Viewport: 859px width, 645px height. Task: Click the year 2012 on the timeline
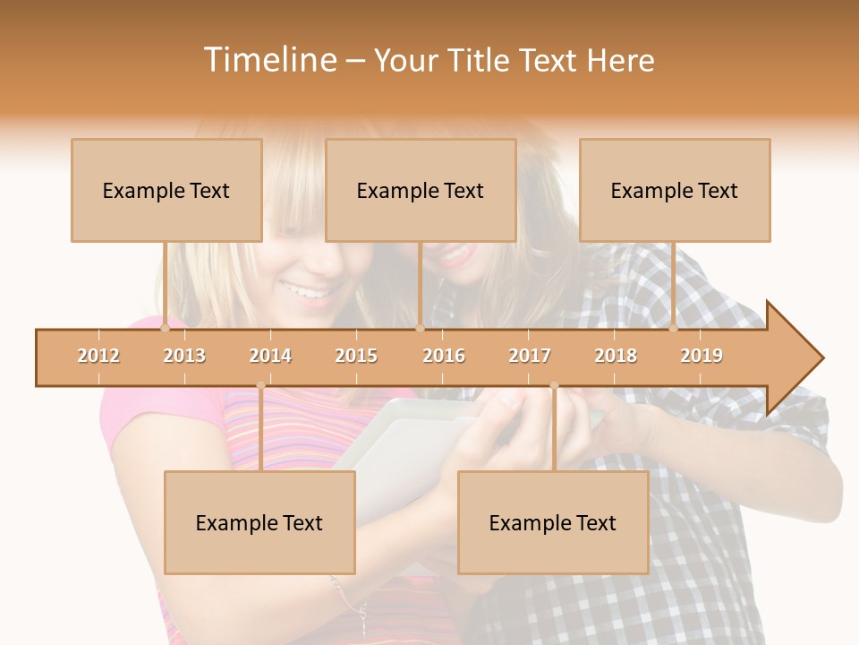tap(98, 356)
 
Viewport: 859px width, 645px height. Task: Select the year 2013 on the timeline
tap(184, 356)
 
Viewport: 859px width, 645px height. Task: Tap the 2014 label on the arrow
tap(270, 356)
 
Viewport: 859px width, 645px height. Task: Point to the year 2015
tap(356, 356)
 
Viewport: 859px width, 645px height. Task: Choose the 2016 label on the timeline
tap(444, 356)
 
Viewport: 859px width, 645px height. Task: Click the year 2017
tap(530, 356)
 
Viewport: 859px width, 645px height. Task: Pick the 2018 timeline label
tap(616, 356)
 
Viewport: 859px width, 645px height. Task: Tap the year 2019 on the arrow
tap(702, 356)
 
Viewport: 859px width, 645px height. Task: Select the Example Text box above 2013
tap(166, 190)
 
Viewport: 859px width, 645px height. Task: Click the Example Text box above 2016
tap(421, 190)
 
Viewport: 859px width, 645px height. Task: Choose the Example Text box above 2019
tap(675, 190)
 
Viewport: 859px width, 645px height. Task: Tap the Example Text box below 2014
tap(259, 522)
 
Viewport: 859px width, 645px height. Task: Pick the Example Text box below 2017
tap(553, 522)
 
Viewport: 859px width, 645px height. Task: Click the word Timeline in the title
tap(269, 60)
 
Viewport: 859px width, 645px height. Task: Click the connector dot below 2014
tap(260, 385)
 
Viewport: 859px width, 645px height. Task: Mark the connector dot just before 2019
tap(674, 329)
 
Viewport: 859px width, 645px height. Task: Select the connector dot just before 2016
tap(420, 329)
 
